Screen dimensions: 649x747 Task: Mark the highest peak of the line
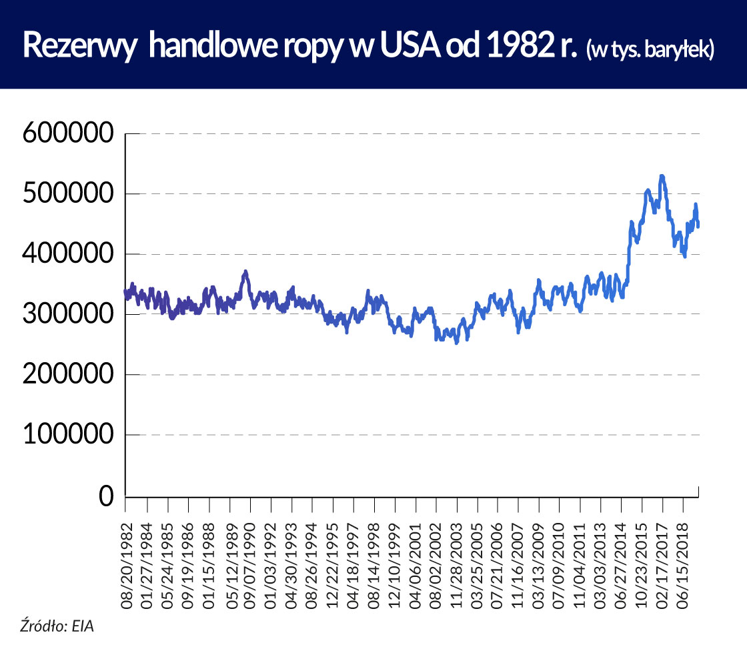[662, 177]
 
